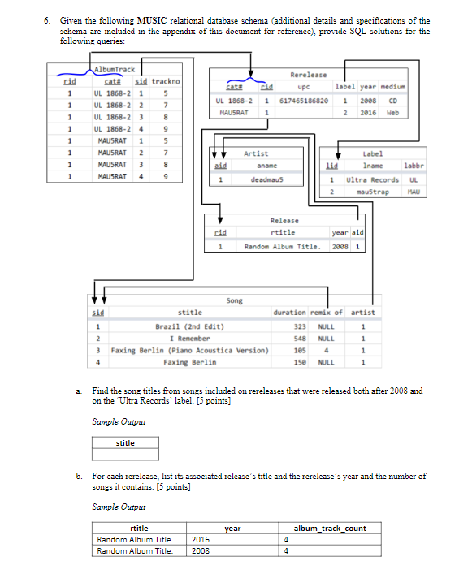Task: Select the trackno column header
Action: (x=167, y=81)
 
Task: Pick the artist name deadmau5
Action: (x=266, y=179)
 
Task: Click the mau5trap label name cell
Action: (x=373, y=192)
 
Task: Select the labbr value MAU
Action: (x=413, y=192)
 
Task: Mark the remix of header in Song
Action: (x=327, y=312)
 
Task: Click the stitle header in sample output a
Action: (x=126, y=443)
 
